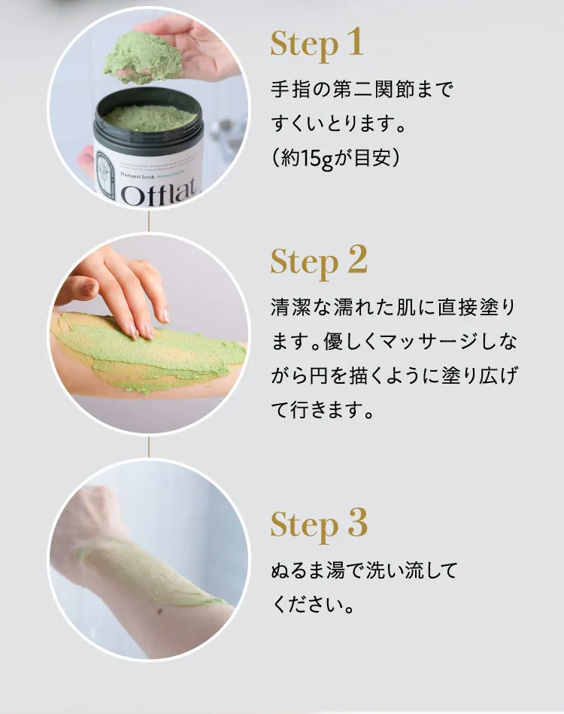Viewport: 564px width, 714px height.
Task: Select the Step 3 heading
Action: click(x=319, y=523)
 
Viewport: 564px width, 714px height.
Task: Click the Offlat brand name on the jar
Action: click(x=159, y=194)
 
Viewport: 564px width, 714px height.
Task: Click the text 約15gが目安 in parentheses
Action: click(x=334, y=157)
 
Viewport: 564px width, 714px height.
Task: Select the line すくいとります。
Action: click(x=338, y=123)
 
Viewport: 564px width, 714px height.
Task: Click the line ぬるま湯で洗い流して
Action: click(x=363, y=570)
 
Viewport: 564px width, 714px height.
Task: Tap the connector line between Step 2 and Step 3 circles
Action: click(x=149, y=445)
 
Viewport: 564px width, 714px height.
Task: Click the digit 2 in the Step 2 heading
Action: click(x=356, y=260)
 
